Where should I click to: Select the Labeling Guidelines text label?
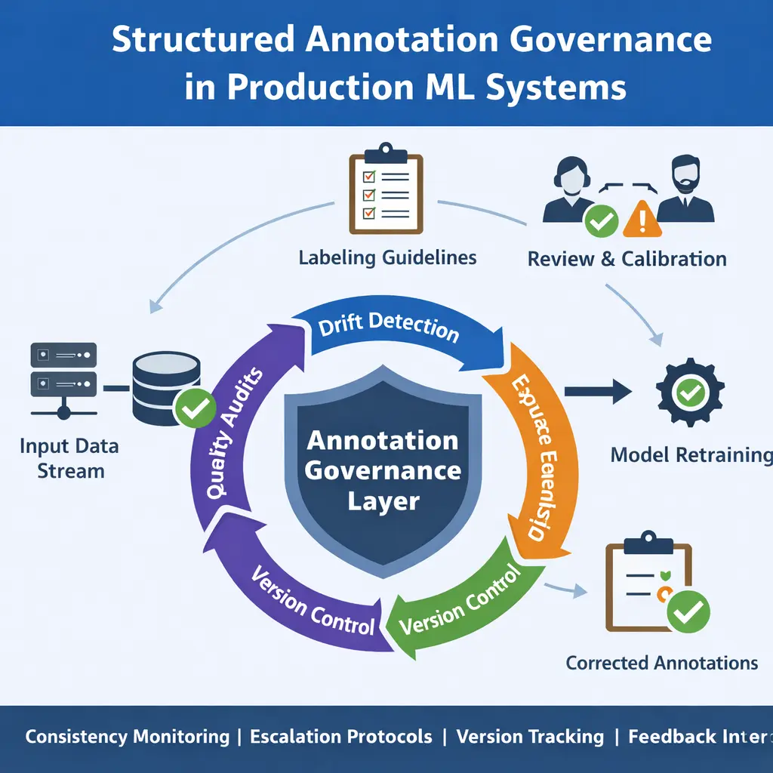[x=387, y=257]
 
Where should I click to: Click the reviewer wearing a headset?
[x=575, y=190]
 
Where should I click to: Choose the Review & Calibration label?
[x=627, y=259]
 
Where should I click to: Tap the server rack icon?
[x=63, y=379]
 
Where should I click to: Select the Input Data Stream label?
[x=69, y=458]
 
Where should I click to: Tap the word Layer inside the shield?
[x=383, y=501]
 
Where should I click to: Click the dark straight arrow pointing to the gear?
[x=597, y=390]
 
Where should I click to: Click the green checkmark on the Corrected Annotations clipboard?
[x=688, y=611]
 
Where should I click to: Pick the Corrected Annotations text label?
[x=661, y=663]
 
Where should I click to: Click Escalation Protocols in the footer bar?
[x=340, y=737]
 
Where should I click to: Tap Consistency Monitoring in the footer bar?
[x=127, y=737]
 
